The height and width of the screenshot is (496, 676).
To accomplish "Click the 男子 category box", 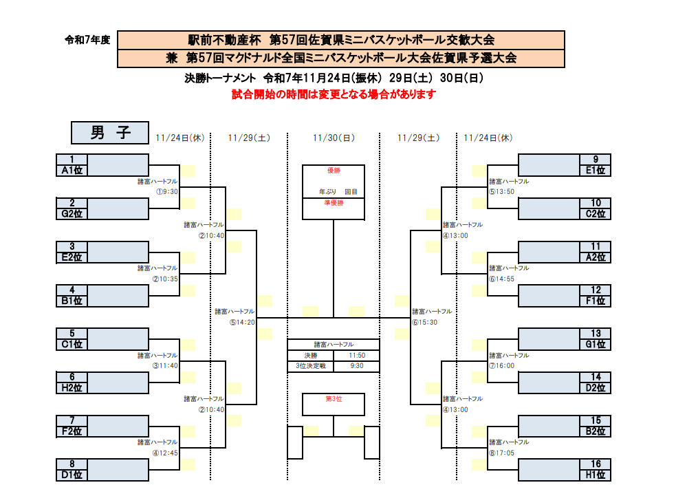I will [x=110, y=131].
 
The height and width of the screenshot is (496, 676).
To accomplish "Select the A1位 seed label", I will [x=72, y=170].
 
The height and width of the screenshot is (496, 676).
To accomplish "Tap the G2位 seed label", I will [x=72, y=214].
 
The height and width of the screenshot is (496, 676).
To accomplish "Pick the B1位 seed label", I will [x=72, y=301].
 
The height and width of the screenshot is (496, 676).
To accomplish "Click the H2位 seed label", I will [x=72, y=388].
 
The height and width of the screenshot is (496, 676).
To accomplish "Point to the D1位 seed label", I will [x=72, y=475].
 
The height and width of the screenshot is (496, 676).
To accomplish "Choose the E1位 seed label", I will [x=596, y=170].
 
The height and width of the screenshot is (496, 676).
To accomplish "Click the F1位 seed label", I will [x=596, y=301].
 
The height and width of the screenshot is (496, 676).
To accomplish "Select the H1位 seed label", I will [x=596, y=475].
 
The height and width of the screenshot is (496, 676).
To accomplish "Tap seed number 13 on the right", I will [x=596, y=334].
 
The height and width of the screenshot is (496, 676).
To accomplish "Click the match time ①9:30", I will [x=167, y=192].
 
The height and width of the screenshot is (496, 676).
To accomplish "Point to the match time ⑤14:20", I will [x=242, y=322].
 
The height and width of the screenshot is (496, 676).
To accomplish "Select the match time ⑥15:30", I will [x=425, y=322].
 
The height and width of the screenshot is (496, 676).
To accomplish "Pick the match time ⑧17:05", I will [x=502, y=453].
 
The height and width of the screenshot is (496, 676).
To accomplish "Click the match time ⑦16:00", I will [x=502, y=366].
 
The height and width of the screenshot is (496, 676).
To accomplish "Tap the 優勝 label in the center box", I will [x=334, y=170].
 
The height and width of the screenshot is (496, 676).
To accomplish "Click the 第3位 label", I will [x=334, y=398].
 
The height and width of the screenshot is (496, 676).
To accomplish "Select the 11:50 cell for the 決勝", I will [x=356, y=356].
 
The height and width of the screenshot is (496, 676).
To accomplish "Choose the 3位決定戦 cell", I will [x=310, y=366].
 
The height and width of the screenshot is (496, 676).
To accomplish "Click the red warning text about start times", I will [x=334, y=94].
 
